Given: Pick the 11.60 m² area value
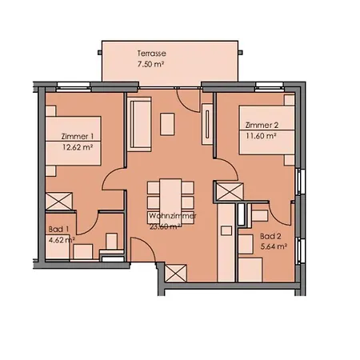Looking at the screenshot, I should [261, 136].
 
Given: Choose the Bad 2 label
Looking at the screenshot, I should [270, 236].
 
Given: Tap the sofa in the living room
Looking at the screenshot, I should [140, 125].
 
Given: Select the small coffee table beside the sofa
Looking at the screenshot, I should [170, 124].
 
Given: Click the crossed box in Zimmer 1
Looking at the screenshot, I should [60, 200].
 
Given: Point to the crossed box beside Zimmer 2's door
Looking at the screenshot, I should [228, 193].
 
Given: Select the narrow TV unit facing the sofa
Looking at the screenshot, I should [207, 124].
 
